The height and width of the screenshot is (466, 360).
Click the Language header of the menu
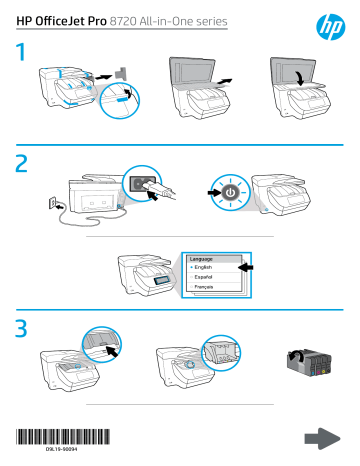[204, 258]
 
